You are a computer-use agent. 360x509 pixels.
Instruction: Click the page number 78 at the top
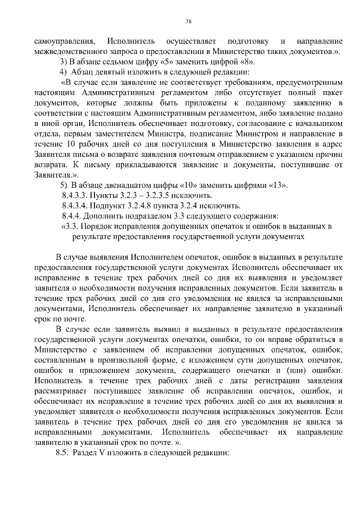[188, 22]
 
